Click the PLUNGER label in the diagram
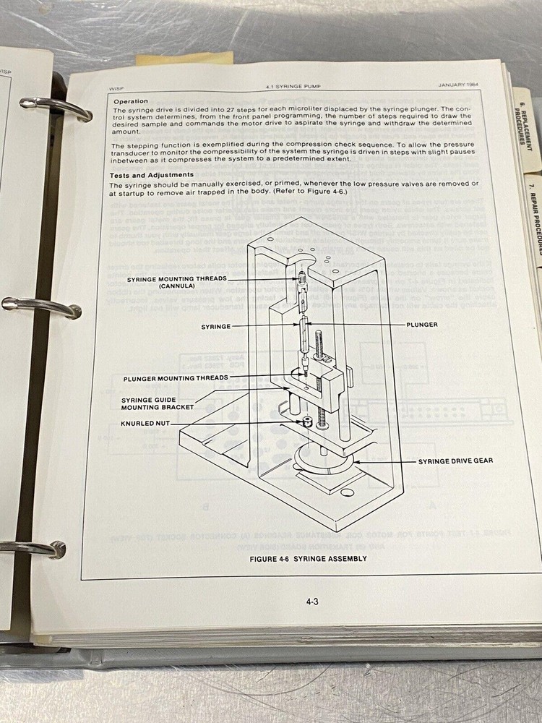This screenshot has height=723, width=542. coord(421,325)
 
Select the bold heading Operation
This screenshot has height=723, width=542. coord(130,100)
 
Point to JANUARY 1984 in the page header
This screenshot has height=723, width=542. coord(459,84)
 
